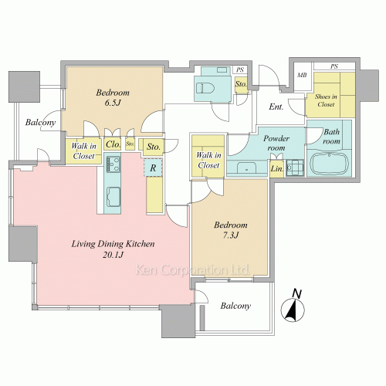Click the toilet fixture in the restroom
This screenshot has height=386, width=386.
(x=205, y=88)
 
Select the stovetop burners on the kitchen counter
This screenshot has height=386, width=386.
(x=113, y=164)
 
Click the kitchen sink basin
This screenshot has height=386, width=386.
(x=113, y=197)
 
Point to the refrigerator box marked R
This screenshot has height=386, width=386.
(x=153, y=168)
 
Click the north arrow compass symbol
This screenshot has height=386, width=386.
(x=293, y=306)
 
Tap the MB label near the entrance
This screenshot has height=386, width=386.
(x=302, y=75)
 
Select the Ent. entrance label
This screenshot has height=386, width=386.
(x=276, y=107)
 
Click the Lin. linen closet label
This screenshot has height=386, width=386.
(x=276, y=169)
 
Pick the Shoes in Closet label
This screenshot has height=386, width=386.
(x=326, y=100)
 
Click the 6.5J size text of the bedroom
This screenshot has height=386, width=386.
(x=113, y=103)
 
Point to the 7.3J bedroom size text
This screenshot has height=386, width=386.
(x=231, y=235)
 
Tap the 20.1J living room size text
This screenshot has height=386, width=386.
(x=113, y=255)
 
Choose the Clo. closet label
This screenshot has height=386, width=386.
(x=113, y=144)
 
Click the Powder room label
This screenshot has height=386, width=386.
(x=276, y=143)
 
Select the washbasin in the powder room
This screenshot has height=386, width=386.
(x=246, y=168)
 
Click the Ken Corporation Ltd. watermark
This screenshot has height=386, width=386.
(x=192, y=270)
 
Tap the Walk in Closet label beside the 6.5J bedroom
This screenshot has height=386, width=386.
(x=83, y=151)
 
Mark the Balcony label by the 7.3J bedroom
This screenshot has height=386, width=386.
(x=235, y=306)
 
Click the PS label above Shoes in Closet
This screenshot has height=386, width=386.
(x=334, y=66)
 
